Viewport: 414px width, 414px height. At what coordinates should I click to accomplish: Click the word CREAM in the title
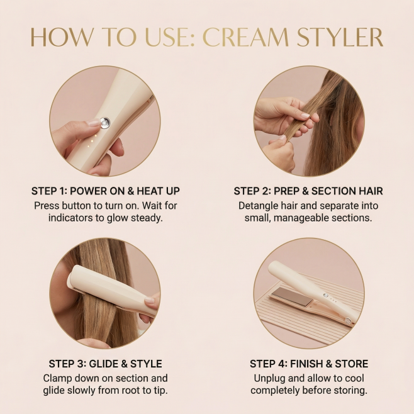pos(246,37)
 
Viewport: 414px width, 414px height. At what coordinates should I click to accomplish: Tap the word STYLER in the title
pos(340,37)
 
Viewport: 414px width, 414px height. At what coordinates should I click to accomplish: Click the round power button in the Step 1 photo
pos(105,123)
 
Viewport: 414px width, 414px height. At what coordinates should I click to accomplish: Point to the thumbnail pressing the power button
pos(94,123)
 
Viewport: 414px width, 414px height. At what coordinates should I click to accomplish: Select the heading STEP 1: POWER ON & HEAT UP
pos(105,191)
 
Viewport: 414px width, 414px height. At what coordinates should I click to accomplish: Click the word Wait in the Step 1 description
pos(154,205)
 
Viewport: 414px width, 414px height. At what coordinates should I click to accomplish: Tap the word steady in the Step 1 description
pos(147,218)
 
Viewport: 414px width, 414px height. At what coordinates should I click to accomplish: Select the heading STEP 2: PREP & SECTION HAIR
pos(308,191)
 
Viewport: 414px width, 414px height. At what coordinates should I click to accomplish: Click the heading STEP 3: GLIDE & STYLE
pos(105,364)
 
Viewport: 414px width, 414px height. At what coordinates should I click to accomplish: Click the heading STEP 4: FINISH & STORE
pos(309,364)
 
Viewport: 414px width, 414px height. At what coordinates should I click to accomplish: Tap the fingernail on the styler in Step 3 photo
pos(150,299)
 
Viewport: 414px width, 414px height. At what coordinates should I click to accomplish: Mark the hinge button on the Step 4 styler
pos(348,321)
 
